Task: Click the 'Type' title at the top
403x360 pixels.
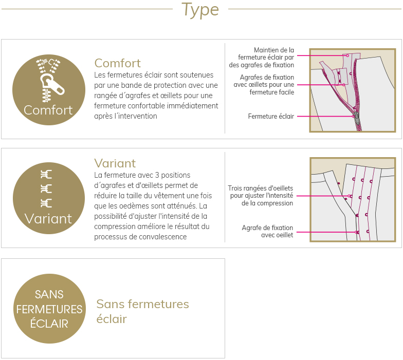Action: coord(200,10)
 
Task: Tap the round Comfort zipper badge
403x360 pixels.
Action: coord(49,89)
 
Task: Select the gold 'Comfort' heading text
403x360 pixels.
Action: coord(117,63)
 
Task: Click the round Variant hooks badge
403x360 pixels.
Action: coord(49,198)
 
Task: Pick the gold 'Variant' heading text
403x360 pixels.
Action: coord(115,163)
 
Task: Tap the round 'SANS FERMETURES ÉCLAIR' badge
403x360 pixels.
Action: coord(49,308)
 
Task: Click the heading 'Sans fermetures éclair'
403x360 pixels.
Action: coord(143,311)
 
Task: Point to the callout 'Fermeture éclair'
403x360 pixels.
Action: coord(271,116)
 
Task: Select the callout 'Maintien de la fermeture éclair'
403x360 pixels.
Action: coord(261,58)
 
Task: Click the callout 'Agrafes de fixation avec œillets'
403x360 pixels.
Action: coord(264,85)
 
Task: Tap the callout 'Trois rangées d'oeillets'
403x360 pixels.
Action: coord(260,196)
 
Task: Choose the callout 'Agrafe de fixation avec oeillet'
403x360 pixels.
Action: coord(267,231)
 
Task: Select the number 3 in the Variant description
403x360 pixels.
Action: coord(157,175)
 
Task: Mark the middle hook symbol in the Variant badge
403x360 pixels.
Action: coord(46,189)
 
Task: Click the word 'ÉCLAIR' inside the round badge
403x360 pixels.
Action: coord(49,324)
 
